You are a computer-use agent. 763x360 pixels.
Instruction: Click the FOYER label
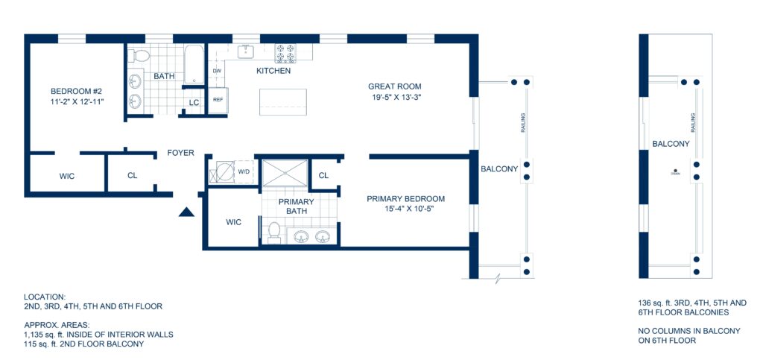point(180,153)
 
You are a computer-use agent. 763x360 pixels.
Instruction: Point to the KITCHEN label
point(273,71)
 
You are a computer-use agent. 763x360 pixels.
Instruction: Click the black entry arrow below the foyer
point(186,212)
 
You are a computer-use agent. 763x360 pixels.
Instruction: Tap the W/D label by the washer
point(244,171)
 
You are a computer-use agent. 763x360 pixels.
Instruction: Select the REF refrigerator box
point(218,100)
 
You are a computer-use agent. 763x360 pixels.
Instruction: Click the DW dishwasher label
point(218,71)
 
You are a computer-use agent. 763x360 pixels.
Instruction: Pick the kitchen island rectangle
point(283,101)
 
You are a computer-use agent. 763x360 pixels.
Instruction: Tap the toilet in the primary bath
point(273,233)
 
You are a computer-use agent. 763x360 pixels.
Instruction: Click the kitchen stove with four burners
point(285,53)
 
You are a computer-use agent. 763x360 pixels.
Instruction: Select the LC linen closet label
point(194,103)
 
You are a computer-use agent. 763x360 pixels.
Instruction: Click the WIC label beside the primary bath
point(234,221)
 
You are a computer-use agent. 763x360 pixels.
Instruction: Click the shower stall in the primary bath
point(284,172)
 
